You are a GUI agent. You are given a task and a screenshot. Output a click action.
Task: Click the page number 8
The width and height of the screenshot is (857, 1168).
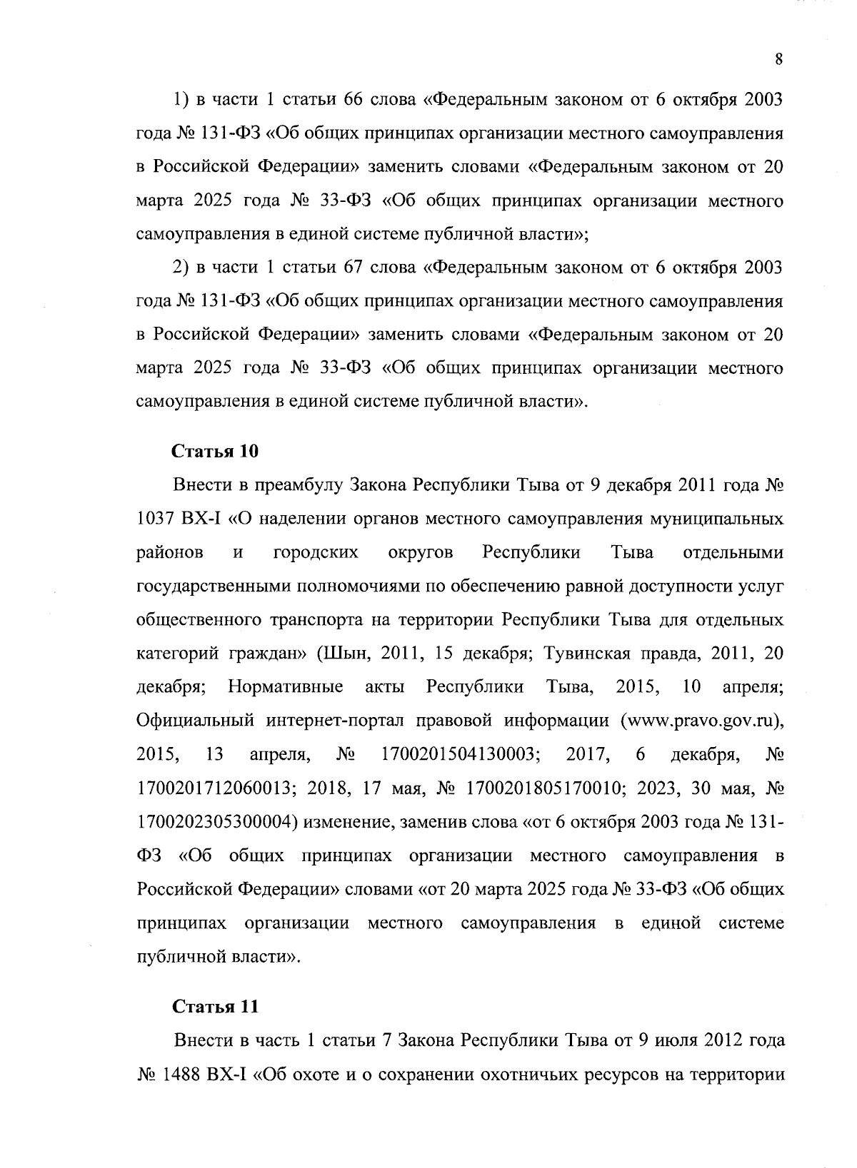(778, 60)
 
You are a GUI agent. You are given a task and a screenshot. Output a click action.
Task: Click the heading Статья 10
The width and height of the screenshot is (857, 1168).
(214, 452)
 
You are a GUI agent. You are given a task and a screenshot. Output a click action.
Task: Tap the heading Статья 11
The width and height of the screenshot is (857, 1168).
(214, 1006)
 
